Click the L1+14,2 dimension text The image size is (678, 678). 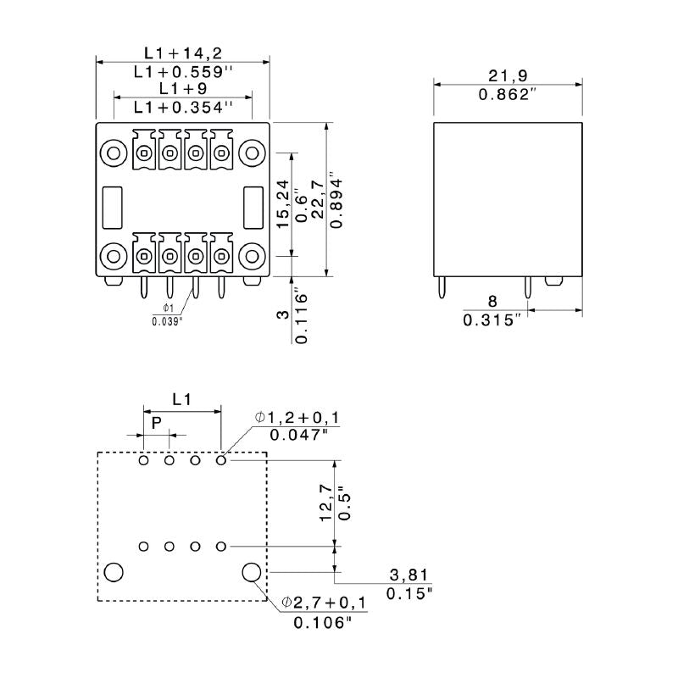[x=182, y=53]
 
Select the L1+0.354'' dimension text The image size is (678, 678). [x=183, y=108]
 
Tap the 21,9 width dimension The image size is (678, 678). [x=508, y=75]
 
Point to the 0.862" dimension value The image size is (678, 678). [x=508, y=94]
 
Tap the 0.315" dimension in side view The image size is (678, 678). [x=496, y=320]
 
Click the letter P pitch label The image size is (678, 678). [x=156, y=422]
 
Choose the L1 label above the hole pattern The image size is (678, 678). [x=181, y=397]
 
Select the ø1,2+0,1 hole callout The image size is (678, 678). [x=297, y=417]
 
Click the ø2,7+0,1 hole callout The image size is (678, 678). [x=324, y=603]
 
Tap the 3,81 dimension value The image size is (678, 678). [x=409, y=574]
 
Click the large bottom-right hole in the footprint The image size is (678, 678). [x=252, y=573]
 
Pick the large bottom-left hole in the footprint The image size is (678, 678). [x=114, y=573]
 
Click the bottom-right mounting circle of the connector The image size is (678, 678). [x=252, y=255]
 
